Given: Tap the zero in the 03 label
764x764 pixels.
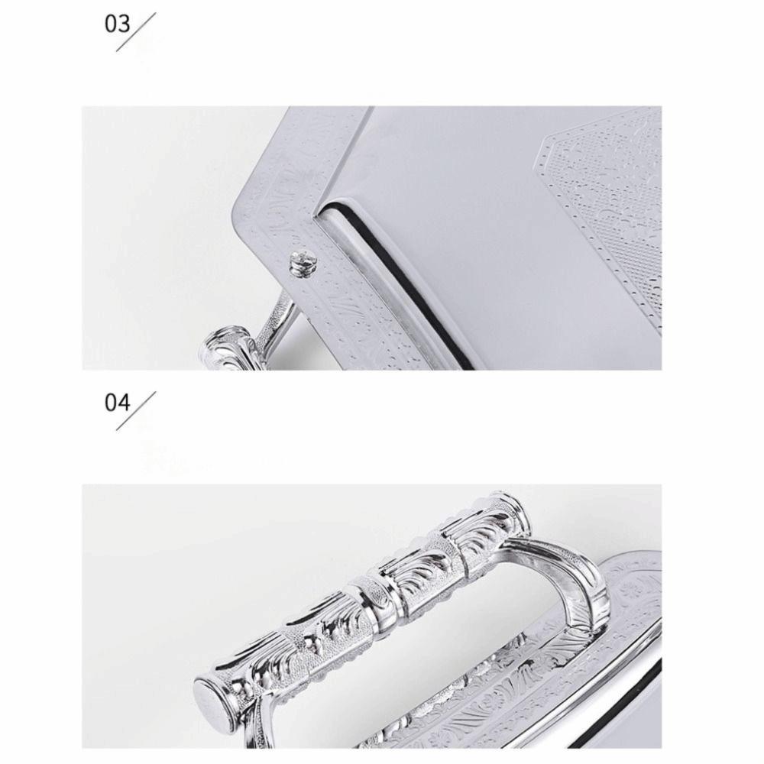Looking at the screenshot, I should pyautogui.click(x=112, y=24).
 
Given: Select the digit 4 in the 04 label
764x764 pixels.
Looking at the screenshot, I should pyautogui.click(x=125, y=403).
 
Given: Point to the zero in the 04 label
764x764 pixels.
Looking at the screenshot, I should pyautogui.click(x=112, y=403).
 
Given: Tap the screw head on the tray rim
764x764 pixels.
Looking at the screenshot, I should pyautogui.click(x=298, y=264).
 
